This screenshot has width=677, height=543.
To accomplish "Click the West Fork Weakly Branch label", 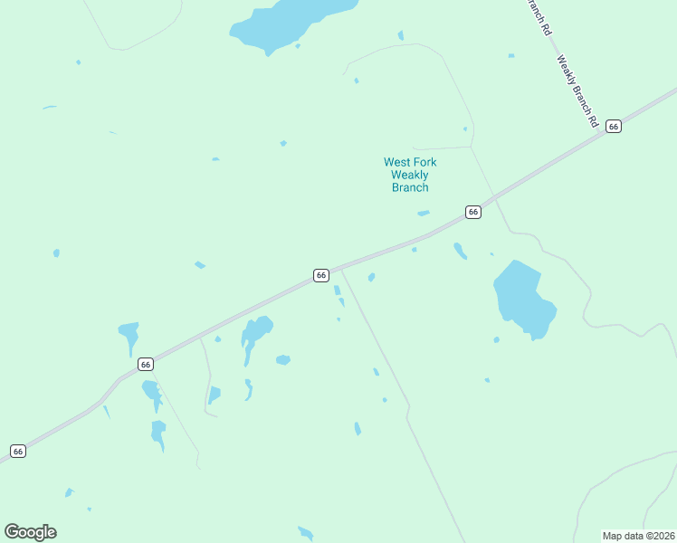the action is (x=410, y=175).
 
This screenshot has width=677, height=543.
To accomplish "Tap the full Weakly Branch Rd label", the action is (x=577, y=91).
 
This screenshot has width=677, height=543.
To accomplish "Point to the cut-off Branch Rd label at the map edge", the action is (x=539, y=16).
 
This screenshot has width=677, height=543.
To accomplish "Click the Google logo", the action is (x=30, y=532).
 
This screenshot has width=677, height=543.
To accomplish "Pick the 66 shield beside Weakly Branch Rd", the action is (x=614, y=126).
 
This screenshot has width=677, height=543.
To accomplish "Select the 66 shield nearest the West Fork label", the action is (x=472, y=212).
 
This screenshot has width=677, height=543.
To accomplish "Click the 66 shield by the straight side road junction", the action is (x=320, y=275).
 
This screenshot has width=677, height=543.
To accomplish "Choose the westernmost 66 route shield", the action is (x=18, y=451).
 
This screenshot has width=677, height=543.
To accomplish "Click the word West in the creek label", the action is (x=397, y=163).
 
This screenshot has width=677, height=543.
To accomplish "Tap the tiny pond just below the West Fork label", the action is (x=423, y=214).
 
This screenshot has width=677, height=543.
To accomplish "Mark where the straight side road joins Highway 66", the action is (x=341, y=268).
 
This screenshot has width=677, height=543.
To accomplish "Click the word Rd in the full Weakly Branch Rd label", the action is (x=594, y=119).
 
